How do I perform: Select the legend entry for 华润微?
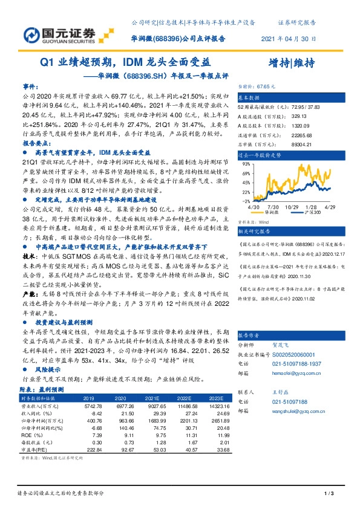pyautogui.click(x=272, y=213)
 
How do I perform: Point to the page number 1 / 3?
pyautogui.click(x=329, y=494)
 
